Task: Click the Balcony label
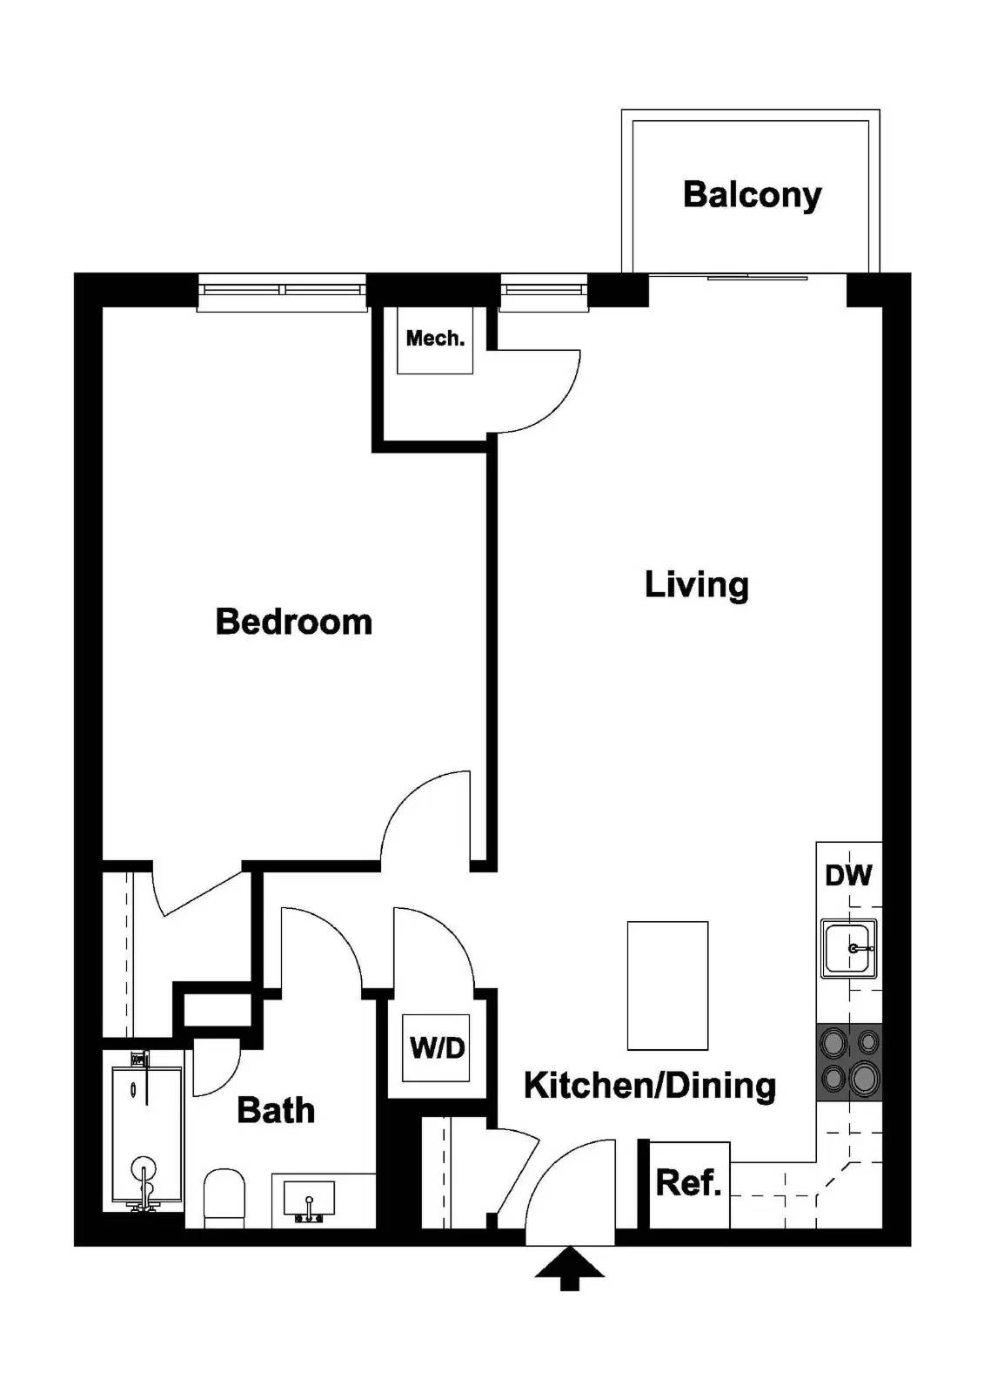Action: point(752,195)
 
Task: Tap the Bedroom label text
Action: point(294,622)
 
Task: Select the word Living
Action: point(696,584)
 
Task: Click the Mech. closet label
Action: point(435,339)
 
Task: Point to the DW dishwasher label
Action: point(848,875)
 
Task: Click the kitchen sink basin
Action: point(848,947)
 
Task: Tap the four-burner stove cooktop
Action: point(849,1062)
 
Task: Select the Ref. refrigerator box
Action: point(689,1183)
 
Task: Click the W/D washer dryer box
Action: point(437,1048)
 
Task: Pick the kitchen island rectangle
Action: point(667,986)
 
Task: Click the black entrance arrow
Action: point(570,1269)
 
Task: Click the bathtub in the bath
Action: point(145,1132)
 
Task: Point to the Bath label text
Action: point(276,1111)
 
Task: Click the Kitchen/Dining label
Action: point(650,1086)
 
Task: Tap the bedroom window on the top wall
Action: point(282,293)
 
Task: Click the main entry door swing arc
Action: point(566,1184)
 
